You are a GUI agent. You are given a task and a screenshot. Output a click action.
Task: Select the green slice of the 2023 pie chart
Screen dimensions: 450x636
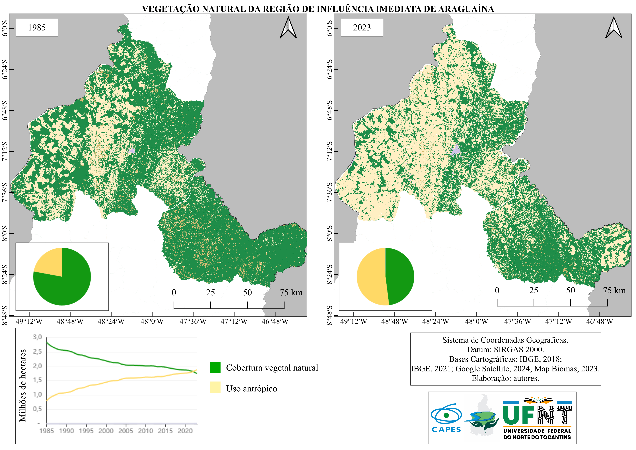(399, 276)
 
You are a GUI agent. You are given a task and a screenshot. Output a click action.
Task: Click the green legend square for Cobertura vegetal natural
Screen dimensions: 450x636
(215, 367)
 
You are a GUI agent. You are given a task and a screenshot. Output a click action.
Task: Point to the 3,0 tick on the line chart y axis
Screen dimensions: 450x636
(37, 337)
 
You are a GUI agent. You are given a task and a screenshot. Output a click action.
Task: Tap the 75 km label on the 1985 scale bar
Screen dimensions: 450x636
(291, 293)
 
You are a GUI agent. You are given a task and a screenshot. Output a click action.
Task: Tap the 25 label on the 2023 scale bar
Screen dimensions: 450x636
(534, 290)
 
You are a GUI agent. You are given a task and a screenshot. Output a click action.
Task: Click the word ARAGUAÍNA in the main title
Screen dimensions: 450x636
(465, 9)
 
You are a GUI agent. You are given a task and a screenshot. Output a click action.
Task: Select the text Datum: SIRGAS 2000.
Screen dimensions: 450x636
(505, 349)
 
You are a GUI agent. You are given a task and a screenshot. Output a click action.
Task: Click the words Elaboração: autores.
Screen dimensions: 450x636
(505, 378)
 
